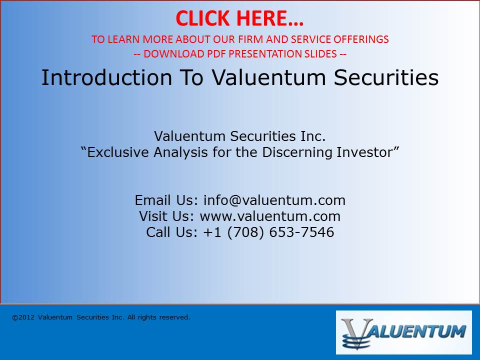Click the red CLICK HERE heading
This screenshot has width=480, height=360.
239,18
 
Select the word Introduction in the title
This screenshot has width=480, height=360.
107,77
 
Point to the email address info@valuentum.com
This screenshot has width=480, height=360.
274,200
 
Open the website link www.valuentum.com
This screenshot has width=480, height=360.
270,216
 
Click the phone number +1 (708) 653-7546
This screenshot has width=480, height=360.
268,232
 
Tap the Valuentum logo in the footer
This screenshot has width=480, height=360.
404,332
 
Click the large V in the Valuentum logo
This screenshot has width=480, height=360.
357,333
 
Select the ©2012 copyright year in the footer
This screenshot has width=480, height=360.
23,317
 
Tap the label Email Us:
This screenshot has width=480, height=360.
167,200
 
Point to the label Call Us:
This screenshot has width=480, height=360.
172,232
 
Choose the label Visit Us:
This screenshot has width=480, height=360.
167,216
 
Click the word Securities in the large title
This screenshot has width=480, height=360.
386,77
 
